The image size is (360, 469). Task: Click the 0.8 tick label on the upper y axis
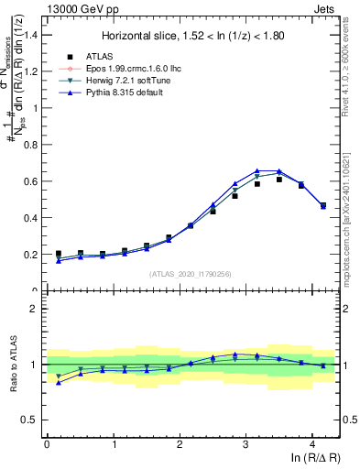(x=32, y=145)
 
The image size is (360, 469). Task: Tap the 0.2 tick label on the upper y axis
(x=32, y=255)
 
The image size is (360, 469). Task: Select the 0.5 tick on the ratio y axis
(x=32, y=420)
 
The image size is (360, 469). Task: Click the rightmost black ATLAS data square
(x=322, y=206)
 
